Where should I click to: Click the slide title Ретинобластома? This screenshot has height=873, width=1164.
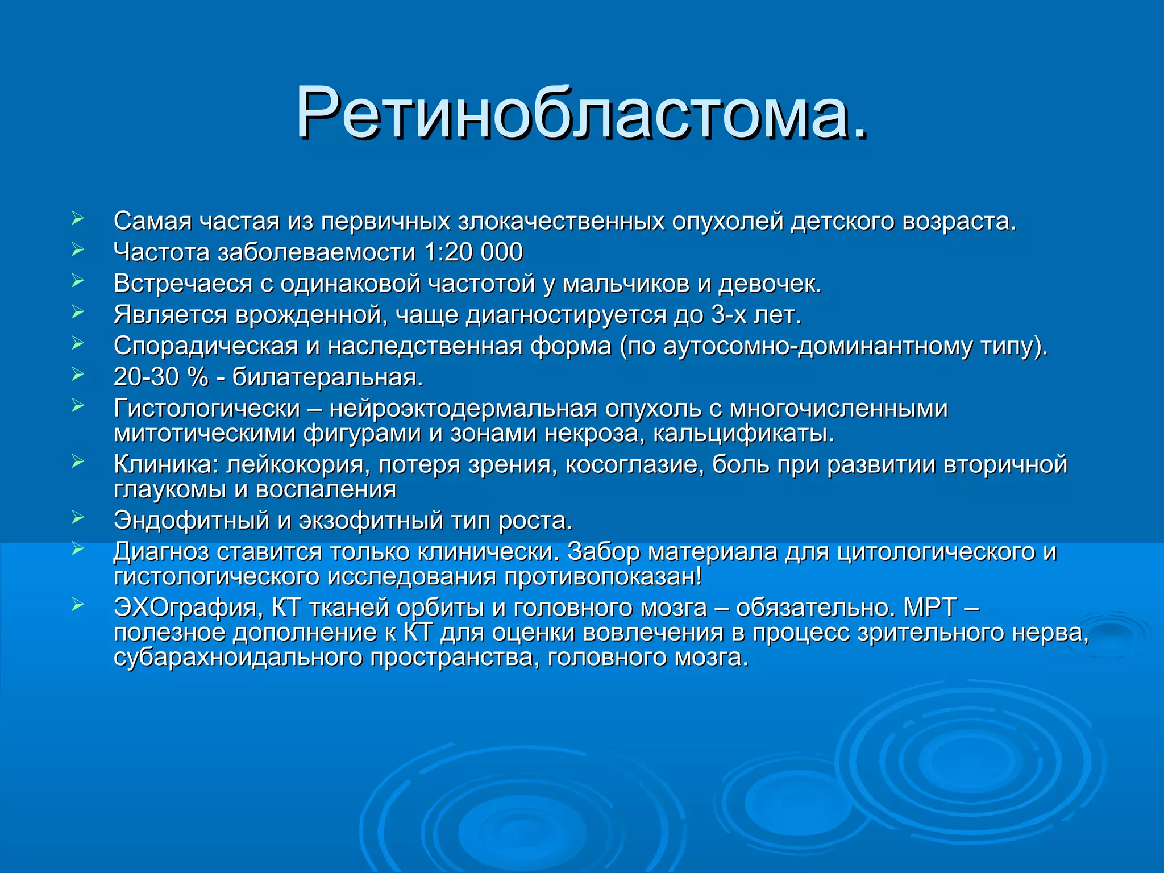[582, 114]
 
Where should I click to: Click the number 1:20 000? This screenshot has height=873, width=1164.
[473, 252]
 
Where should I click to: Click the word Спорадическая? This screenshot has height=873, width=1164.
[206, 346]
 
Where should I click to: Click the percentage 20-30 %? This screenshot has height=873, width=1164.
[161, 377]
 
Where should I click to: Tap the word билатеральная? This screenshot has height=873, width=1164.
[327, 377]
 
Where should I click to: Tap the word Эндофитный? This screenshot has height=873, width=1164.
[192, 521]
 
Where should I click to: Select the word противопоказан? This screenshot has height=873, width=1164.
[602, 577]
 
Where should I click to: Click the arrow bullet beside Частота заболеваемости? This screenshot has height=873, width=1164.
[78, 250]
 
